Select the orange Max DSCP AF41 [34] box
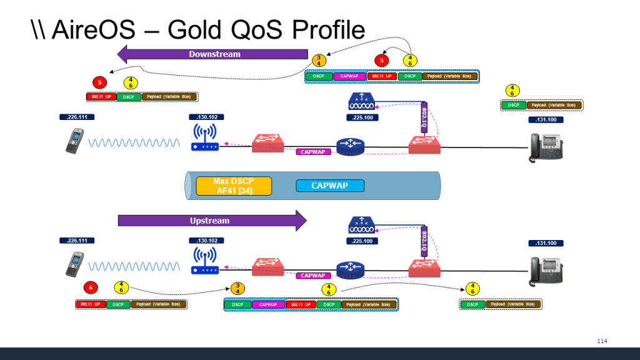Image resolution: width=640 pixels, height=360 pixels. [234, 186]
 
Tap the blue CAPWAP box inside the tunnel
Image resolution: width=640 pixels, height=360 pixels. [329, 186]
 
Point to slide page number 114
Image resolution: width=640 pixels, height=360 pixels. [602, 341]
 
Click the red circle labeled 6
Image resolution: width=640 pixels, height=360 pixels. [91, 287]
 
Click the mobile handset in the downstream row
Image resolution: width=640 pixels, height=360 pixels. [74, 141]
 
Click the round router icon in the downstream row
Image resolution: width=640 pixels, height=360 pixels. [349, 145]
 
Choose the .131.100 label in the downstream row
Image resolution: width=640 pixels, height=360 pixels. [546, 119]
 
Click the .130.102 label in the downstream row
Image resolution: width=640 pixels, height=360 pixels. [206, 117]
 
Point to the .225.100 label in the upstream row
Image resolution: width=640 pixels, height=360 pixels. [362, 241]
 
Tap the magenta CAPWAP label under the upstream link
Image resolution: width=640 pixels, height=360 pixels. [312, 275]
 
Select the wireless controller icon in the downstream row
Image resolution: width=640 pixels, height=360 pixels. [362, 102]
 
